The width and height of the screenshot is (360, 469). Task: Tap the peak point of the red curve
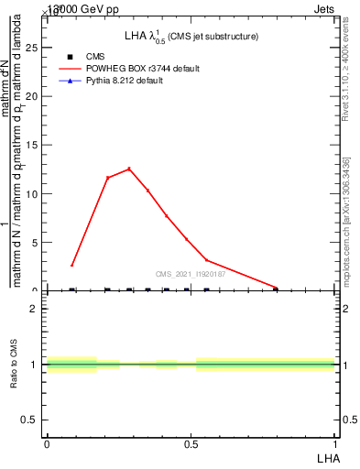coord(129,169)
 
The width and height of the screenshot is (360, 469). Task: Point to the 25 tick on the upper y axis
coord(37,48)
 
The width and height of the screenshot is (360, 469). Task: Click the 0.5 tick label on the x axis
coord(191,443)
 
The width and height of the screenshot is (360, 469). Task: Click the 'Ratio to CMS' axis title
coord(15,366)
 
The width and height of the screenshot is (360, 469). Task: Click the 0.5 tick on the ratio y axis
coord(35,420)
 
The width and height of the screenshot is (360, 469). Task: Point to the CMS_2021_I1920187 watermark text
coord(191,274)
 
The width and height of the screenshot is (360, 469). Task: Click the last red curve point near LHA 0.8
coord(275,288)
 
